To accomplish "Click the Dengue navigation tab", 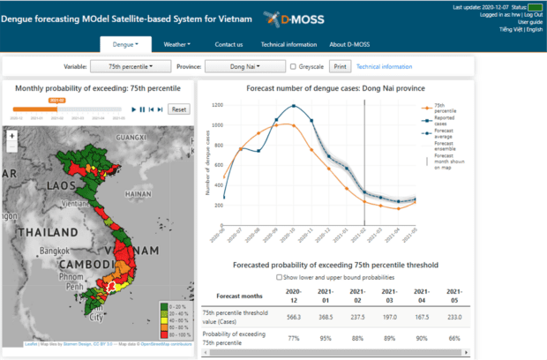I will coord(125,44).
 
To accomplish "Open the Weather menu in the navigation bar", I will coord(179,44).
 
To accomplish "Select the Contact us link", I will coord(229,44).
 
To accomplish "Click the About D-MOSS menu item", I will coord(350,44).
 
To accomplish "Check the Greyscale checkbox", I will coord(294,66).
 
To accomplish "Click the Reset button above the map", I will coord(178,109).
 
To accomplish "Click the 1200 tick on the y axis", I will coord(216,104).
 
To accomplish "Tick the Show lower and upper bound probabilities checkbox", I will coord(281,277).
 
